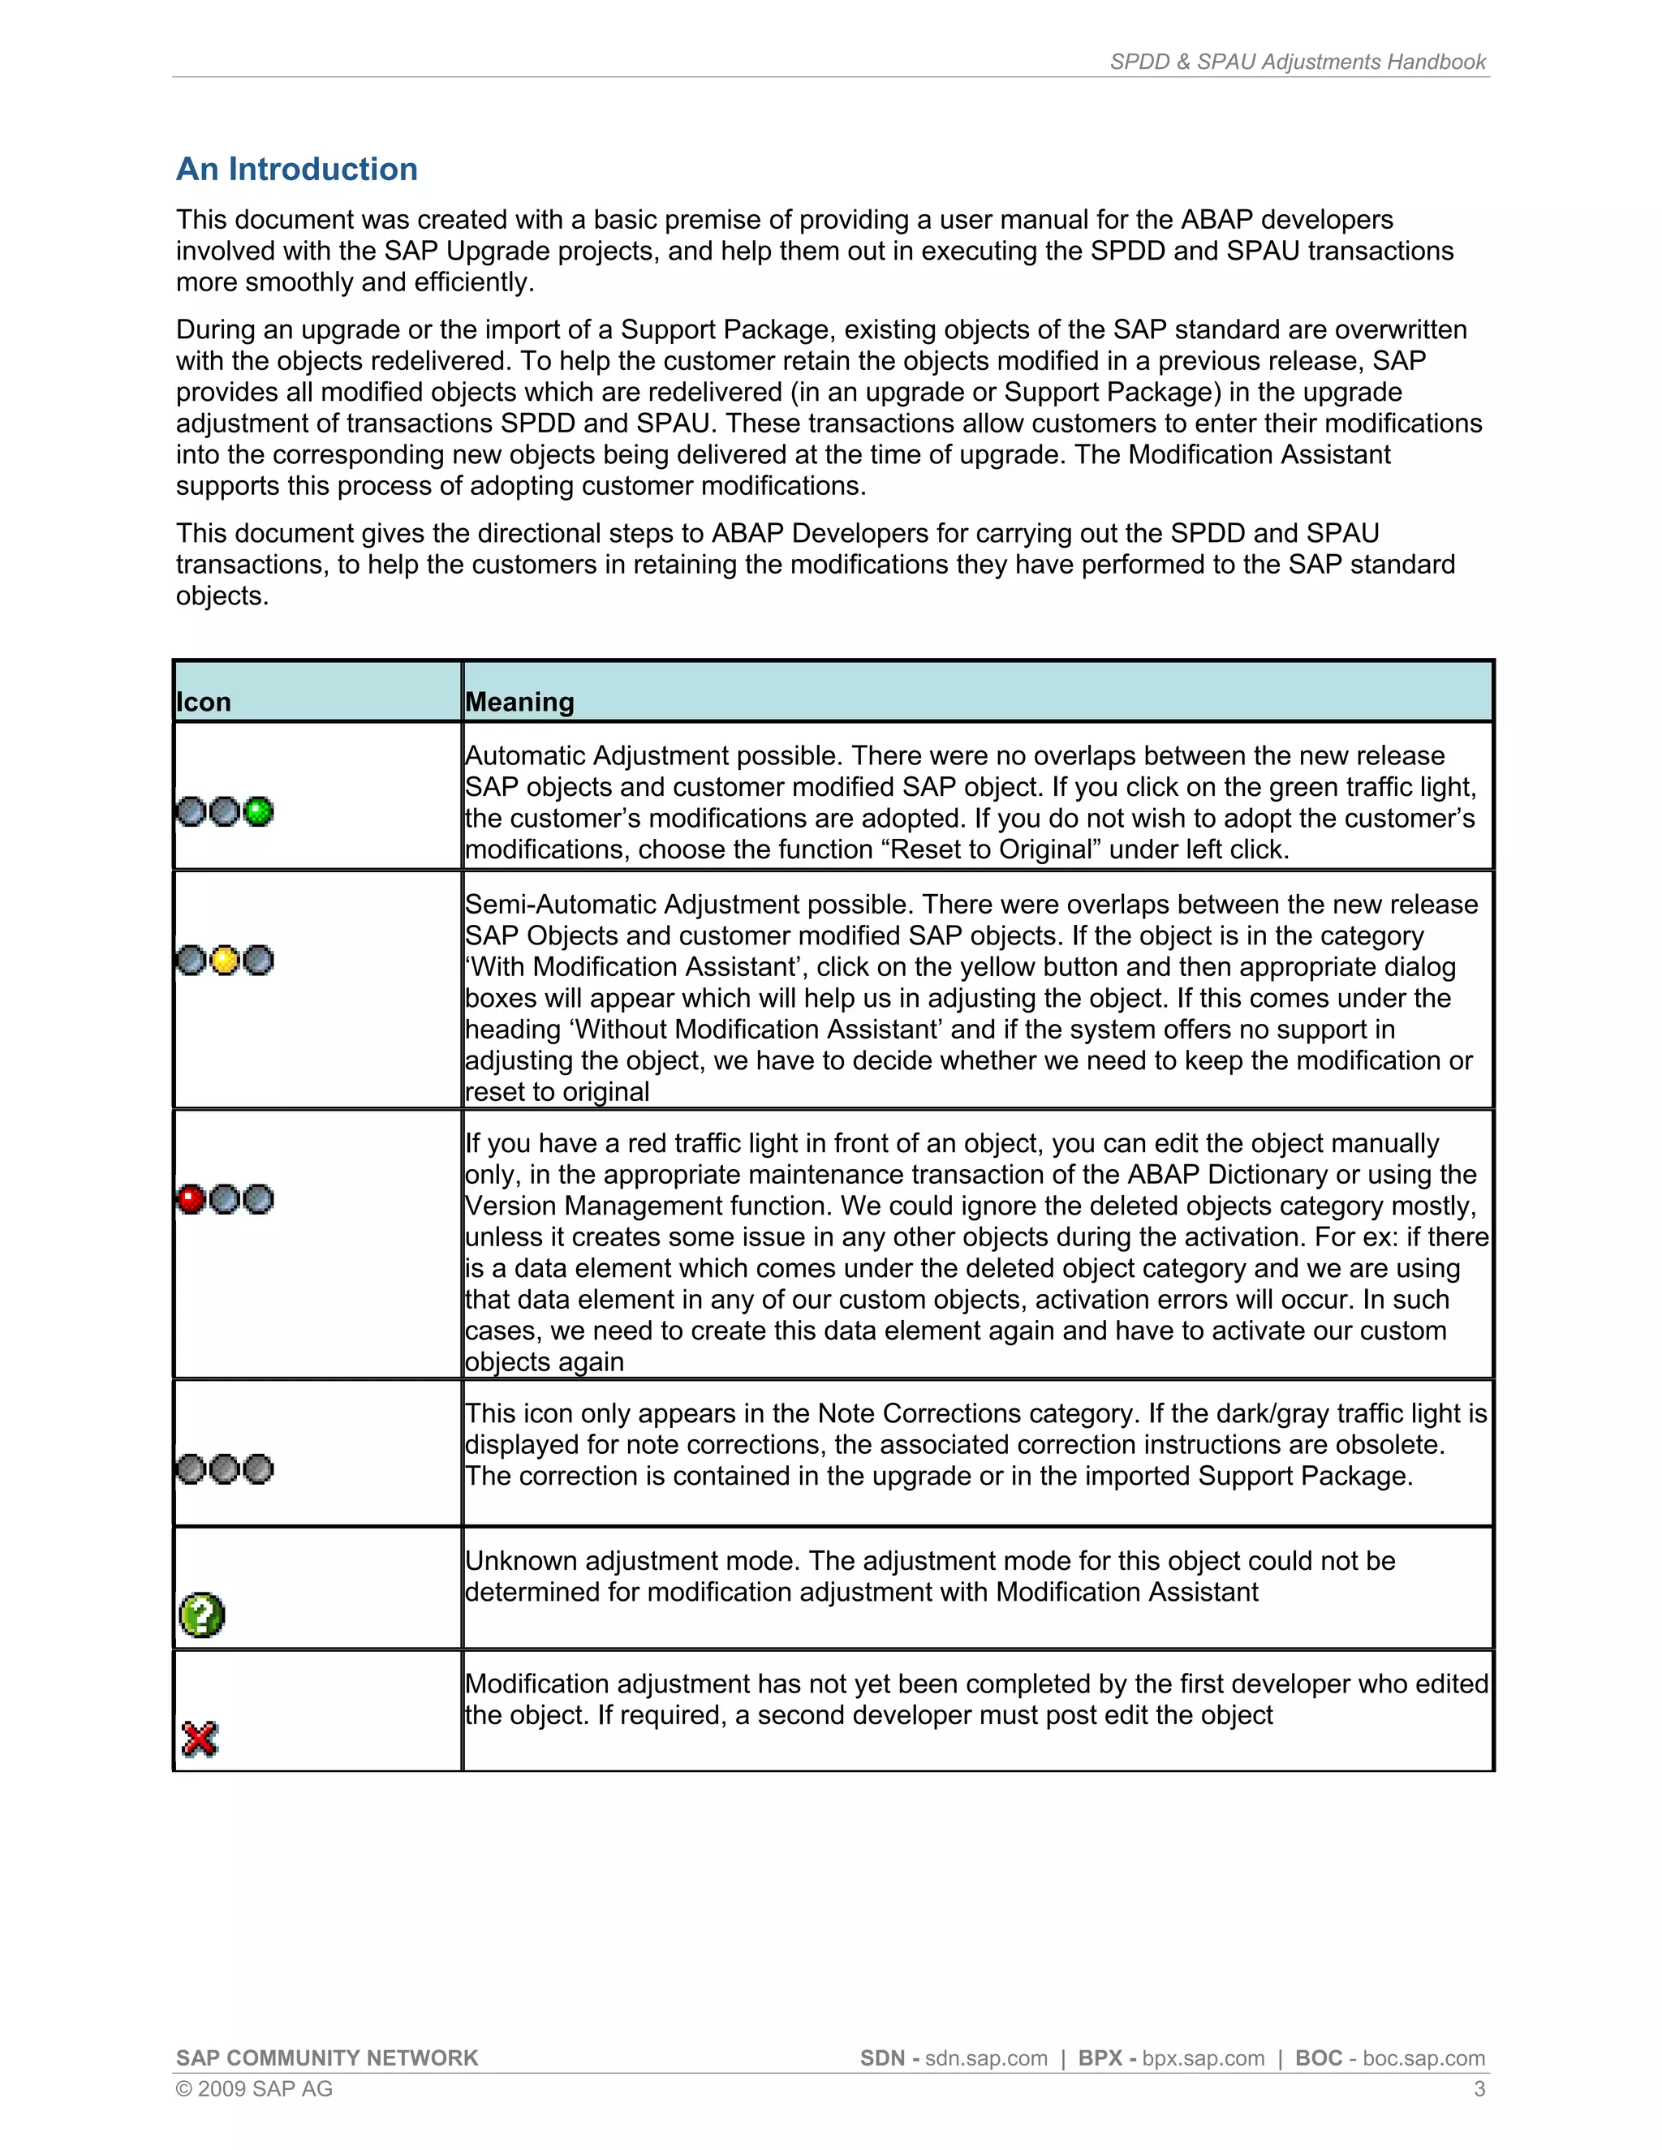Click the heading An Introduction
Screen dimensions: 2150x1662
point(296,170)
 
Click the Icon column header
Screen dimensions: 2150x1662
point(204,702)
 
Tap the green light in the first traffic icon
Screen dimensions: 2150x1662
point(258,811)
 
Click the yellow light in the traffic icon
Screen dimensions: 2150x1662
point(225,960)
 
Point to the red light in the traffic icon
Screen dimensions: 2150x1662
point(191,1199)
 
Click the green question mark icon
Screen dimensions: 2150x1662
point(202,1615)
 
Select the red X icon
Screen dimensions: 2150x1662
point(200,1739)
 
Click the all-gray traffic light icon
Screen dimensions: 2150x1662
point(225,1468)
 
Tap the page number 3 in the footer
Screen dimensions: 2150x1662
point(1479,2089)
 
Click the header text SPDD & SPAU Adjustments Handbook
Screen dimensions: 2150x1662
point(1298,62)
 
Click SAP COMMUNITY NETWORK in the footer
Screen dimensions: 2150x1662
point(327,2058)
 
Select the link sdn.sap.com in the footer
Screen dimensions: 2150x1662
point(985,2058)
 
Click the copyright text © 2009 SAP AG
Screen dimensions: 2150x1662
point(254,2089)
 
